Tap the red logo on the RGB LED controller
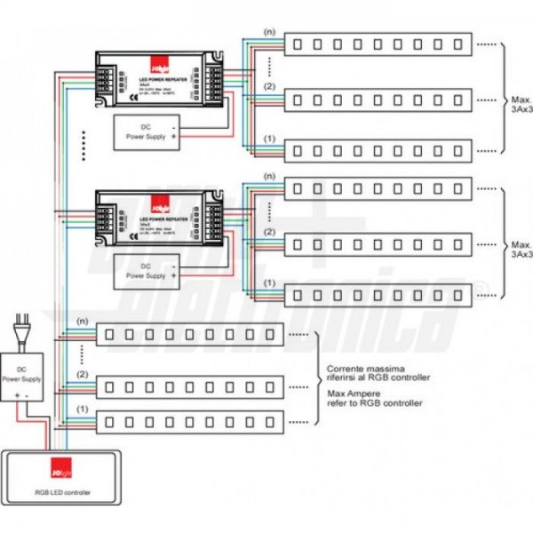[x=60, y=465]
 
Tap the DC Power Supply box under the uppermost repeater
[x=147, y=131]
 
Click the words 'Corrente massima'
[x=354, y=369]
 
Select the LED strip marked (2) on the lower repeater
[x=377, y=241]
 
